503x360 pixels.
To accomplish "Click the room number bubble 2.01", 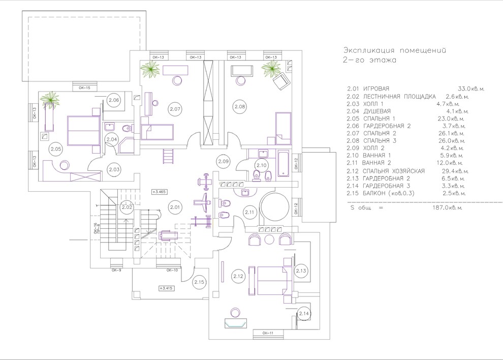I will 175,207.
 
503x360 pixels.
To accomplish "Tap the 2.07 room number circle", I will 175,108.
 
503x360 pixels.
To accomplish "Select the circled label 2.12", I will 238,276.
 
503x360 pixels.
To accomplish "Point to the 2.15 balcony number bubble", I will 200,282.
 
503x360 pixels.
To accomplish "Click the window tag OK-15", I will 84,88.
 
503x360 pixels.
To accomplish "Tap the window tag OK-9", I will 117,270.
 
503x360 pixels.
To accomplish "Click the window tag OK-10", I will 172,270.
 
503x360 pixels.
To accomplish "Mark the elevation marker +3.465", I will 159,192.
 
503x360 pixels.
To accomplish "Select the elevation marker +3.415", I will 167,288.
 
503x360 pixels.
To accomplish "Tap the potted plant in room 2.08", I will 269,70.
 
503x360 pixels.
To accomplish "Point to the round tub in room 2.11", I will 274,207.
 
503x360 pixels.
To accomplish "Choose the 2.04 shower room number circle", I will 112,139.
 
